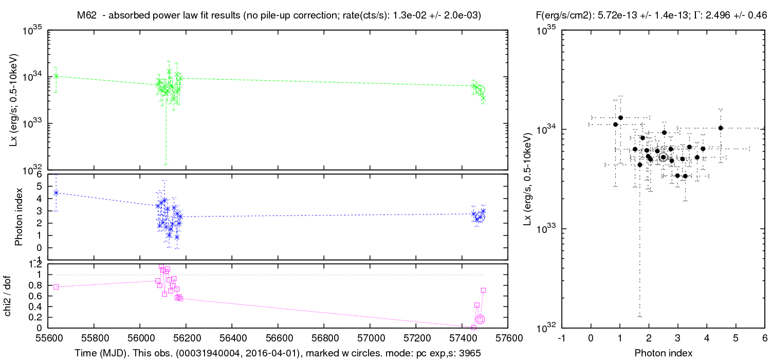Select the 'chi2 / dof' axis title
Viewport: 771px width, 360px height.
tap(19, 296)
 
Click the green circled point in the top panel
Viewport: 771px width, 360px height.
tap(480, 90)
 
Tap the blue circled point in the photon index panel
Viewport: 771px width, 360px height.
tap(480, 217)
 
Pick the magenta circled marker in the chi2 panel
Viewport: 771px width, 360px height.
tap(481, 319)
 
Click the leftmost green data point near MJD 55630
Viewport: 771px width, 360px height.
tap(56, 76)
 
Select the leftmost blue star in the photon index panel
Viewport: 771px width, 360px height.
tap(56, 193)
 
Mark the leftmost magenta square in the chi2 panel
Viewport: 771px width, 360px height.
tap(56, 287)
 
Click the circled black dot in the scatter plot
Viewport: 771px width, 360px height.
tap(663, 157)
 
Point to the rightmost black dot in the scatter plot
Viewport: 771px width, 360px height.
tap(721, 128)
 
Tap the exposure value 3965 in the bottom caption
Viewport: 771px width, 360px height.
tap(471, 353)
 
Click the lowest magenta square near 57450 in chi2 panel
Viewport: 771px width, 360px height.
tap(474, 327)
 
